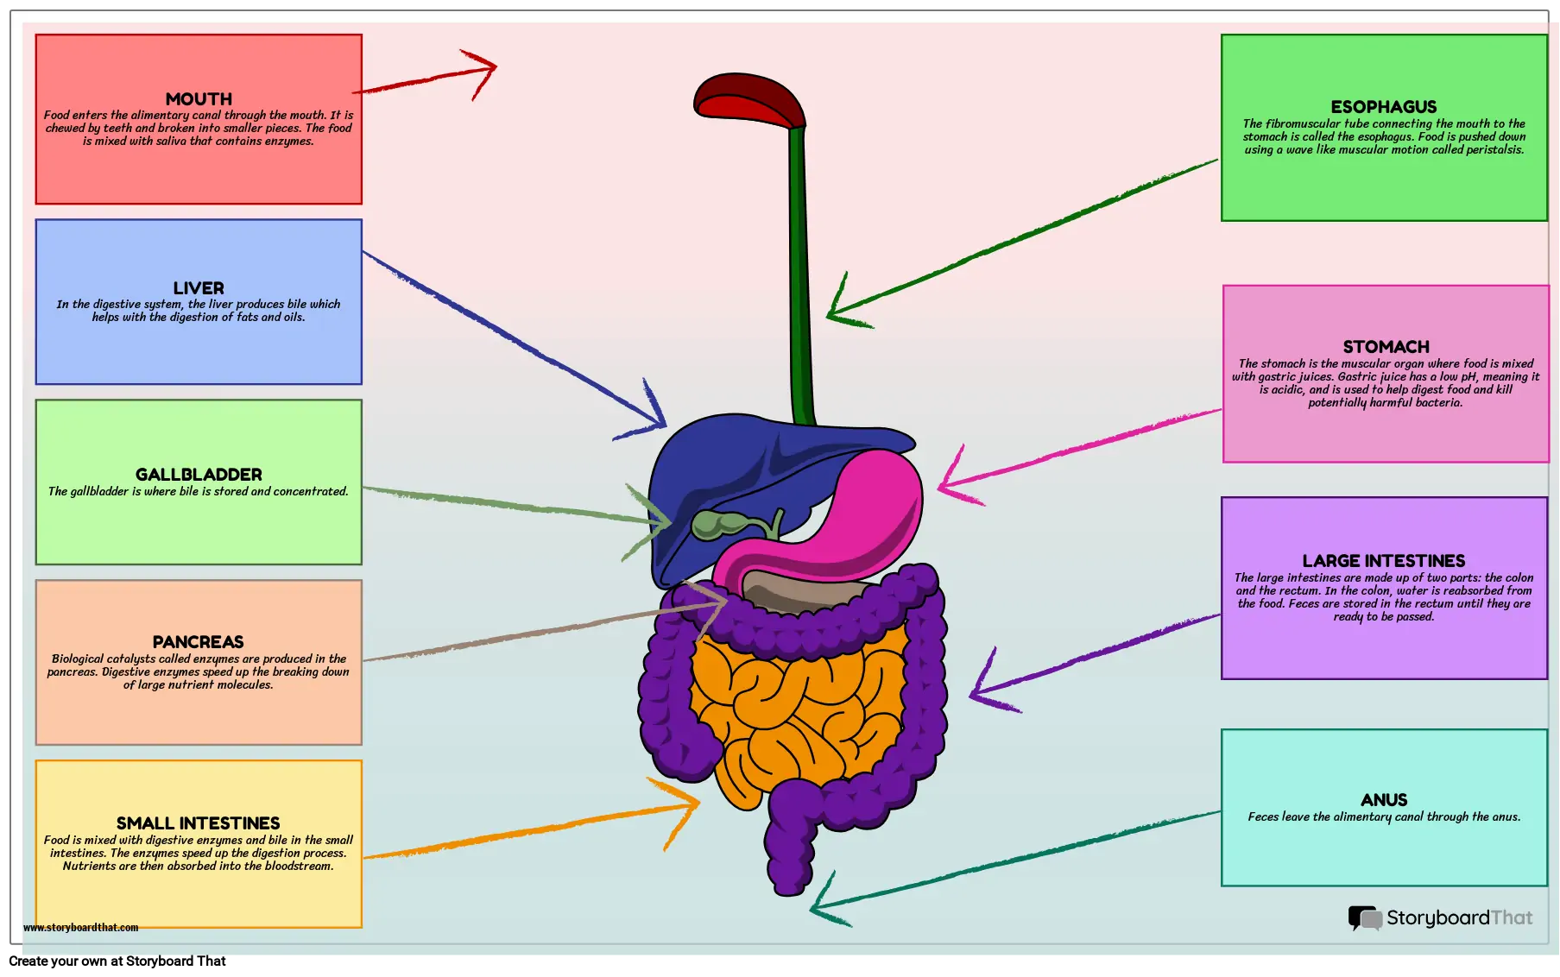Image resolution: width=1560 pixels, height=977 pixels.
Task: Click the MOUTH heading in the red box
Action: [199, 99]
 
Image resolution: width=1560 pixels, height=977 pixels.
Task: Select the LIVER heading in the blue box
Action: [199, 288]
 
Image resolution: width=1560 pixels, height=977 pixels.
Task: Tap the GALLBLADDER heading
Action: [199, 475]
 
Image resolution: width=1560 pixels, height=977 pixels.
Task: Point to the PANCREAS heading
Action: [198, 642]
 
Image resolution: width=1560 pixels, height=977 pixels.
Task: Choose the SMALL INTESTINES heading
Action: [198, 823]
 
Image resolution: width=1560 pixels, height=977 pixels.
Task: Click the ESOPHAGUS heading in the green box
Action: [1383, 107]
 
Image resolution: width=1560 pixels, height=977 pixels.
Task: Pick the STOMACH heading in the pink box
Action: [1386, 347]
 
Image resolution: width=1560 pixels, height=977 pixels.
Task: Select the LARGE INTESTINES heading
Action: [1383, 561]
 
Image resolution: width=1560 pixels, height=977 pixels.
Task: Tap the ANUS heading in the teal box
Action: [1383, 800]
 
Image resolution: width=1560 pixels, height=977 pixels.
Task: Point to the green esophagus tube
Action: [799, 276]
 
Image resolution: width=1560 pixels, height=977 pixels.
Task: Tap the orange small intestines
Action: [794, 708]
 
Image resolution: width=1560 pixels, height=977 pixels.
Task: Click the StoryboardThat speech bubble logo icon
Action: [1365, 918]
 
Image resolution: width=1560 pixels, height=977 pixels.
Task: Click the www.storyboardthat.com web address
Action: [80, 928]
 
